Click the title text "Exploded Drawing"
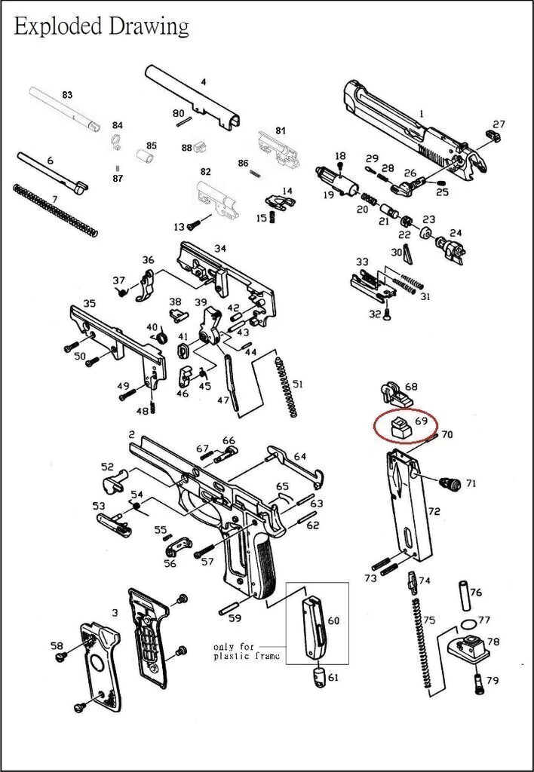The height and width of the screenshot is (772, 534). (x=101, y=27)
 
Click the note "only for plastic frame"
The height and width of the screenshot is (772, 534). (x=247, y=651)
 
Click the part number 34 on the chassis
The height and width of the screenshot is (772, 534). (x=219, y=249)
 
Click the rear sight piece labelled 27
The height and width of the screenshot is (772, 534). (x=494, y=135)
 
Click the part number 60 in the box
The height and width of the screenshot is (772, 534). (x=333, y=620)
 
